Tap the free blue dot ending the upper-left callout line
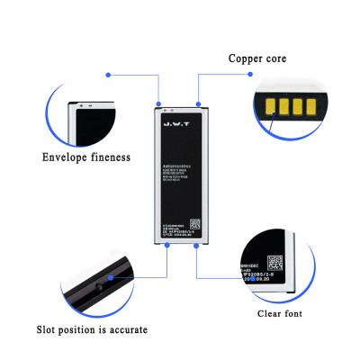click(109, 74)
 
